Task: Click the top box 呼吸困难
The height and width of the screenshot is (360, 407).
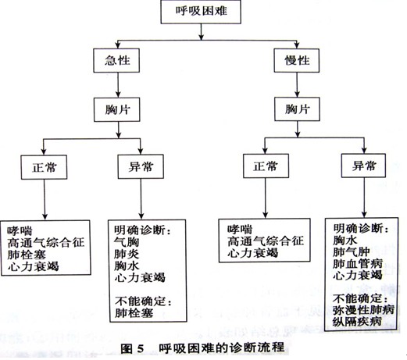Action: (x=201, y=12)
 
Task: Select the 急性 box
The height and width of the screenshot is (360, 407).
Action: (x=116, y=60)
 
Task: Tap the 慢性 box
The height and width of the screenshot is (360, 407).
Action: (x=297, y=60)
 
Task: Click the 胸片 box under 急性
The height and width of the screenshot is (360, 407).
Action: (x=117, y=109)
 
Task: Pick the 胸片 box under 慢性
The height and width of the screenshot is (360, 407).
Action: (x=297, y=109)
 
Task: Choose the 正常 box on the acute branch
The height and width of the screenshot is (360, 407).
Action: (x=44, y=167)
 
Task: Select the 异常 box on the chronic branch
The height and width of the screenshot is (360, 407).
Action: (x=363, y=166)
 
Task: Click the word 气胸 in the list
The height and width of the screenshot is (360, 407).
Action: (x=127, y=242)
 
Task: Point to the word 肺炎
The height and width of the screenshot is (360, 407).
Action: (x=127, y=254)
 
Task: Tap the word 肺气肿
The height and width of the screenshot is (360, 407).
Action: (x=352, y=252)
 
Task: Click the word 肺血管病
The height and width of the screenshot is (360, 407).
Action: (x=358, y=264)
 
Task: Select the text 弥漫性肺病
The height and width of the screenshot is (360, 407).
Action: (x=363, y=310)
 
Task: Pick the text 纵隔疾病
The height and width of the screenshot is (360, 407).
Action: (x=357, y=322)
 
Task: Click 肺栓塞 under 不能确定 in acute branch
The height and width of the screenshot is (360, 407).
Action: (x=134, y=313)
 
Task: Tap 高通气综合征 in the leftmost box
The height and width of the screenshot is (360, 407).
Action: (x=46, y=243)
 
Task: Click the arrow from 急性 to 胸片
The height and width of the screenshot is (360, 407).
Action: (x=118, y=85)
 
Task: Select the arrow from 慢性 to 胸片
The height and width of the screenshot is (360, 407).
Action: (x=297, y=84)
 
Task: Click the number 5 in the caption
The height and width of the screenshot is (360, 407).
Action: (x=140, y=349)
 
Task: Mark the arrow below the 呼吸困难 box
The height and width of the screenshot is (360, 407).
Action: (x=201, y=32)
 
